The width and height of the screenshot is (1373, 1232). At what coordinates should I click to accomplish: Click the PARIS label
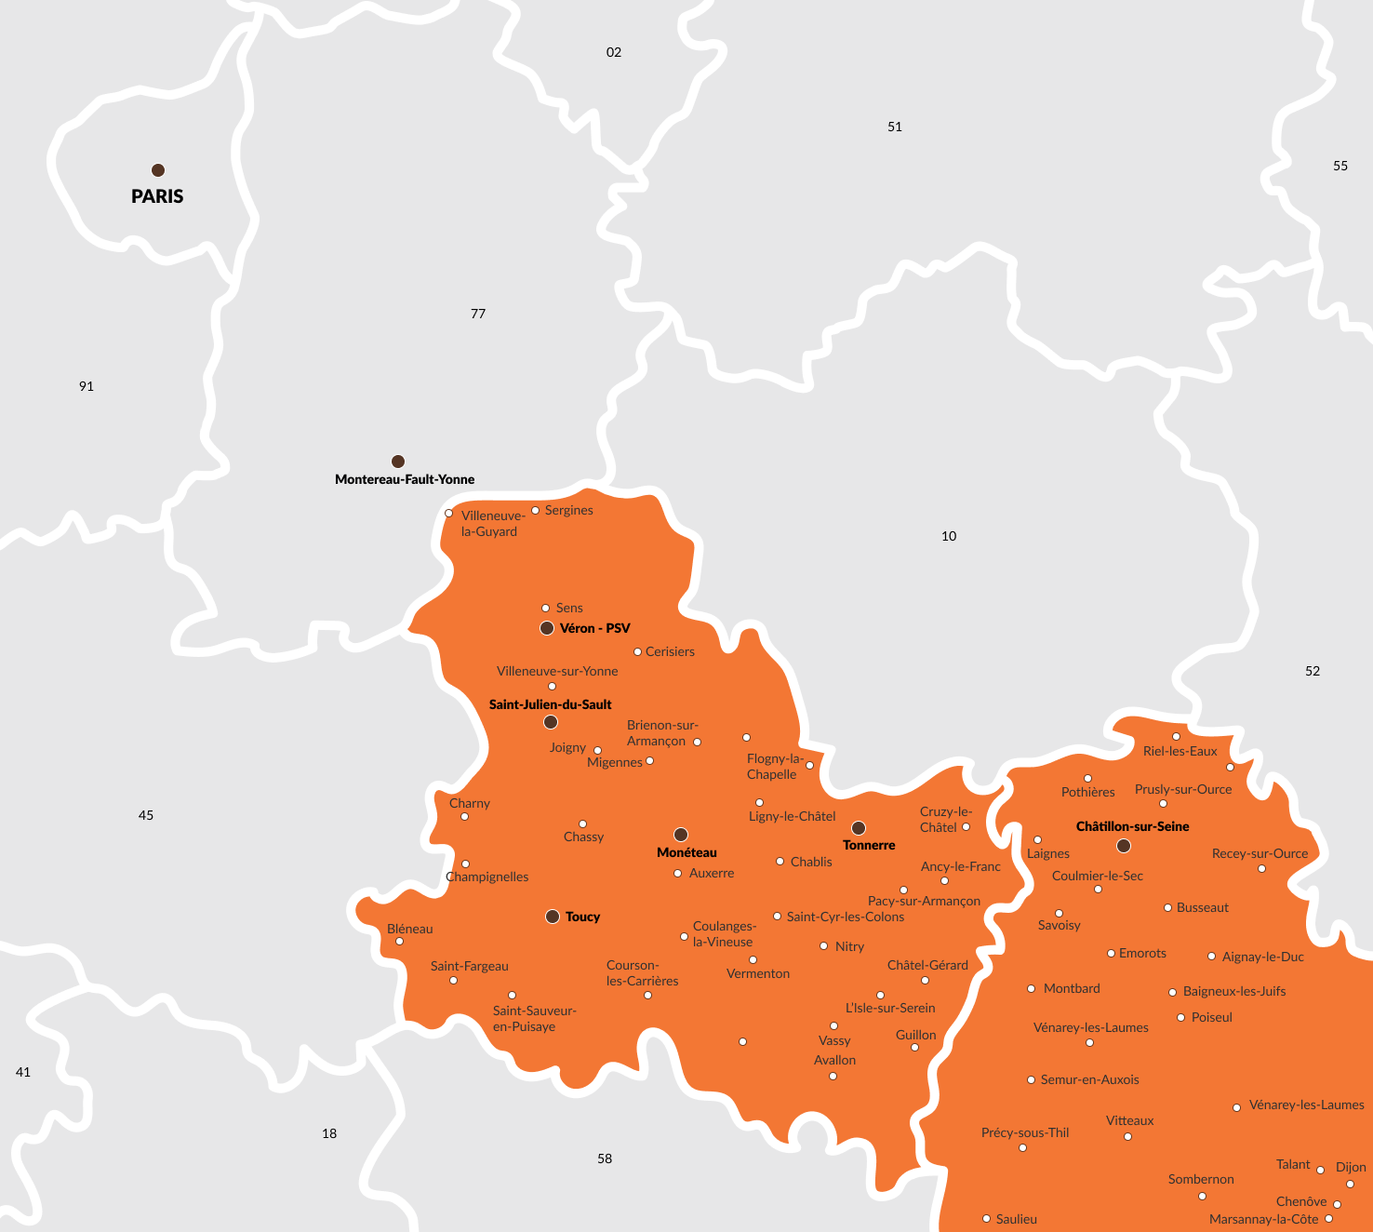click(x=157, y=196)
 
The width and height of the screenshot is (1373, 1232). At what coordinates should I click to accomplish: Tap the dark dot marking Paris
click(x=158, y=170)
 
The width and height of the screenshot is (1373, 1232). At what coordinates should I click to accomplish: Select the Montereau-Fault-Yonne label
click(x=405, y=479)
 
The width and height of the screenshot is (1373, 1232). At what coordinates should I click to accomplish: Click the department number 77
click(x=478, y=314)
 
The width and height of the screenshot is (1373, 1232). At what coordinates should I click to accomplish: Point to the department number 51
click(x=895, y=127)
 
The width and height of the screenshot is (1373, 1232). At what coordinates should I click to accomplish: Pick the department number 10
click(x=949, y=536)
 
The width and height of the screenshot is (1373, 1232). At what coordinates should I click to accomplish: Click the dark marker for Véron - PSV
click(x=547, y=628)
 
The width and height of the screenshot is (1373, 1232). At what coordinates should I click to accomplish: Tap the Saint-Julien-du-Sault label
click(x=551, y=704)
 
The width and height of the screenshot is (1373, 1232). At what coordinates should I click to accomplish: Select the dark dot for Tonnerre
click(x=859, y=827)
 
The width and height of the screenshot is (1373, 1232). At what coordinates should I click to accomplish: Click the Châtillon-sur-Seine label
click(x=1132, y=826)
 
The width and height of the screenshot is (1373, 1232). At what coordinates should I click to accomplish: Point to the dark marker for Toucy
click(x=553, y=917)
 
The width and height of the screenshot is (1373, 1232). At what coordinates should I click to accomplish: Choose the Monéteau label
click(x=686, y=852)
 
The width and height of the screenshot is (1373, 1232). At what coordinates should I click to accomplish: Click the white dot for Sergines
click(x=535, y=510)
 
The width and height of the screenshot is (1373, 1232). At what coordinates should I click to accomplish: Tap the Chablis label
click(x=811, y=862)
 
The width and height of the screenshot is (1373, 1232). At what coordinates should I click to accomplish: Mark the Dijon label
click(x=1351, y=1167)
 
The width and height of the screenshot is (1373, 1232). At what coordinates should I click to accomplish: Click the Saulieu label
click(x=1016, y=1219)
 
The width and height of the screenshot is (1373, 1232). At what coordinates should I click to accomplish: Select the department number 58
click(x=605, y=1158)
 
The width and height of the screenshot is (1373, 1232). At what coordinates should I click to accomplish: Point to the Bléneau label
click(x=410, y=929)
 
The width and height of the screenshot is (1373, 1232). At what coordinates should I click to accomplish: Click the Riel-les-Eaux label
click(x=1180, y=751)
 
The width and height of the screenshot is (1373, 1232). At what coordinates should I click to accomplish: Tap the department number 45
click(x=146, y=815)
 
